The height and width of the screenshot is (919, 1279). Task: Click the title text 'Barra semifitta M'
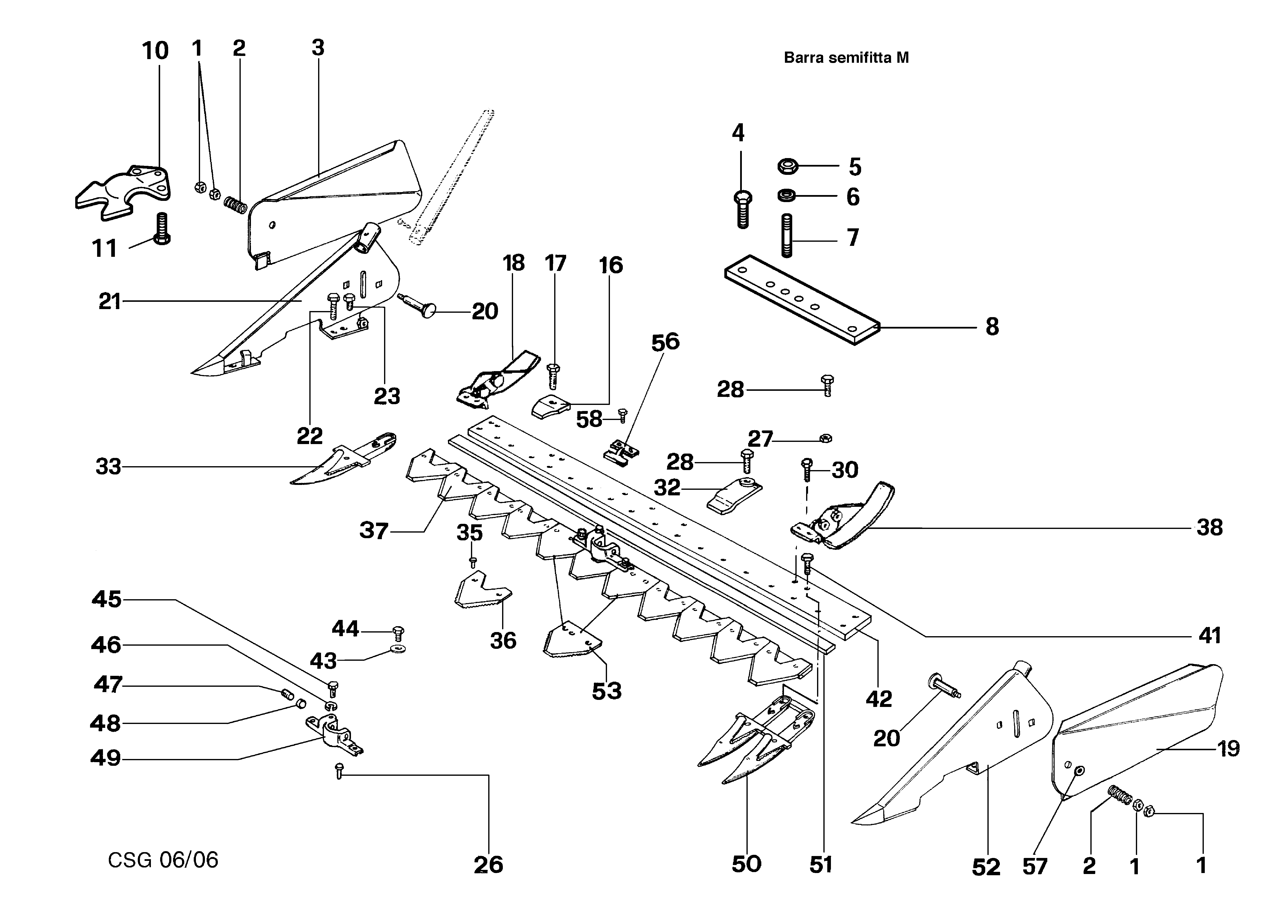coord(846,57)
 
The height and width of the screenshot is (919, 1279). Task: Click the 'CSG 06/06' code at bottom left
coord(163,860)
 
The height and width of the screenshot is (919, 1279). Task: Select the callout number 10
coord(155,51)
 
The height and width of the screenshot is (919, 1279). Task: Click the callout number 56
coord(665,342)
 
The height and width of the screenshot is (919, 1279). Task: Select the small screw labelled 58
coord(623,415)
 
